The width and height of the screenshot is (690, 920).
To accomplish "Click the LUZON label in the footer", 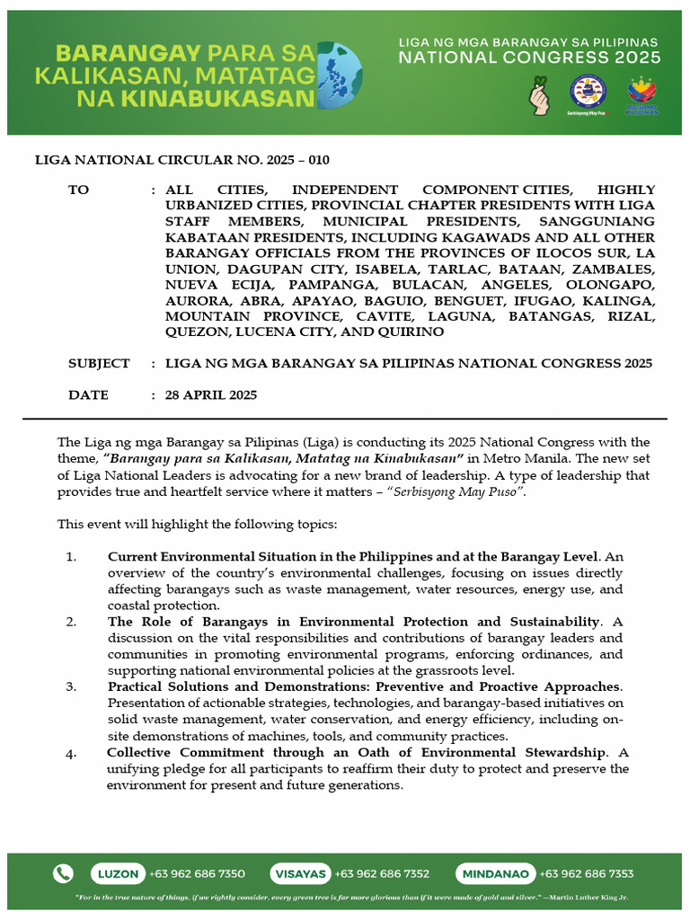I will [118, 873].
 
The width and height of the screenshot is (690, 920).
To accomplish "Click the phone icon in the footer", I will [63, 873].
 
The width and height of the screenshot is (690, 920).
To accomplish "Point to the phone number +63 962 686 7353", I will [586, 873].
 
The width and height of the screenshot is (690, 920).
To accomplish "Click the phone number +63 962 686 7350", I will [198, 873].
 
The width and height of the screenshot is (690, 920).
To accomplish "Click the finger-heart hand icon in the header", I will [542, 93].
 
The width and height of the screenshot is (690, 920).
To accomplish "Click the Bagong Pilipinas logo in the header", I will [641, 93].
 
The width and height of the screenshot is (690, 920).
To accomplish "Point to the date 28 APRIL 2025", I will [211, 395].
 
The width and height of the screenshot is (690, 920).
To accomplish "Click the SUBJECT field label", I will [99, 364].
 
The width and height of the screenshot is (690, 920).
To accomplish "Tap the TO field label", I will [79, 190].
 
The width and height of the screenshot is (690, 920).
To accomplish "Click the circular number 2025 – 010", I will [295, 161].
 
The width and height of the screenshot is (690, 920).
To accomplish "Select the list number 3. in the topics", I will [72, 686].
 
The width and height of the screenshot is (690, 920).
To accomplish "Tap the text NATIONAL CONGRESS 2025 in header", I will [529, 57].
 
